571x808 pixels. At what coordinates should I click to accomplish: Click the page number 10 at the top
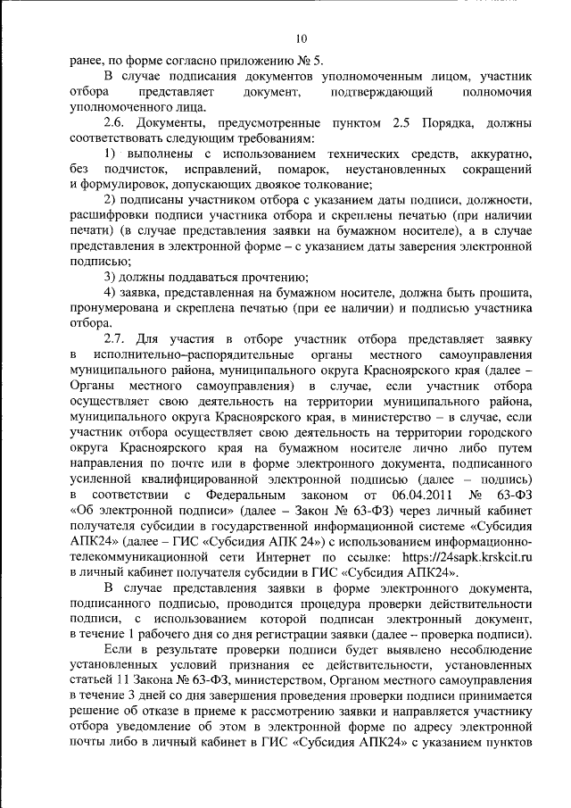[x=301, y=38]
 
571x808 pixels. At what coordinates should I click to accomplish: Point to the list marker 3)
[x=112, y=276]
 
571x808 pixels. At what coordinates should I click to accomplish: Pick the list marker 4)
[x=112, y=292]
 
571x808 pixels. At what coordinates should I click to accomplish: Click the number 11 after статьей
[x=124, y=678]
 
